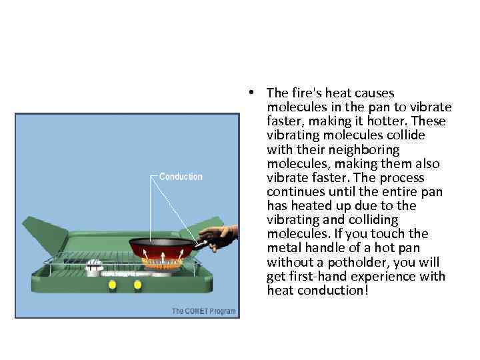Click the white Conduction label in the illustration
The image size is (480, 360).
pyautogui.click(x=181, y=177)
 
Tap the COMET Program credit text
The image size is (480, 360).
pyautogui.click(x=203, y=311)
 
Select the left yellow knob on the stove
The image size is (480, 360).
pyautogui.click(x=112, y=285)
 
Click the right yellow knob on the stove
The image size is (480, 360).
pyautogui.click(x=137, y=285)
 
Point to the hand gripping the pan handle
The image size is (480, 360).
pyautogui.click(x=218, y=235)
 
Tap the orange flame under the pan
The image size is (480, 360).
pyautogui.click(x=163, y=263)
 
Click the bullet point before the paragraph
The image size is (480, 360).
pyautogui.click(x=247, y=93)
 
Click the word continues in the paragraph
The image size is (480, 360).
pyautogui.click(x=295, y=191)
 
